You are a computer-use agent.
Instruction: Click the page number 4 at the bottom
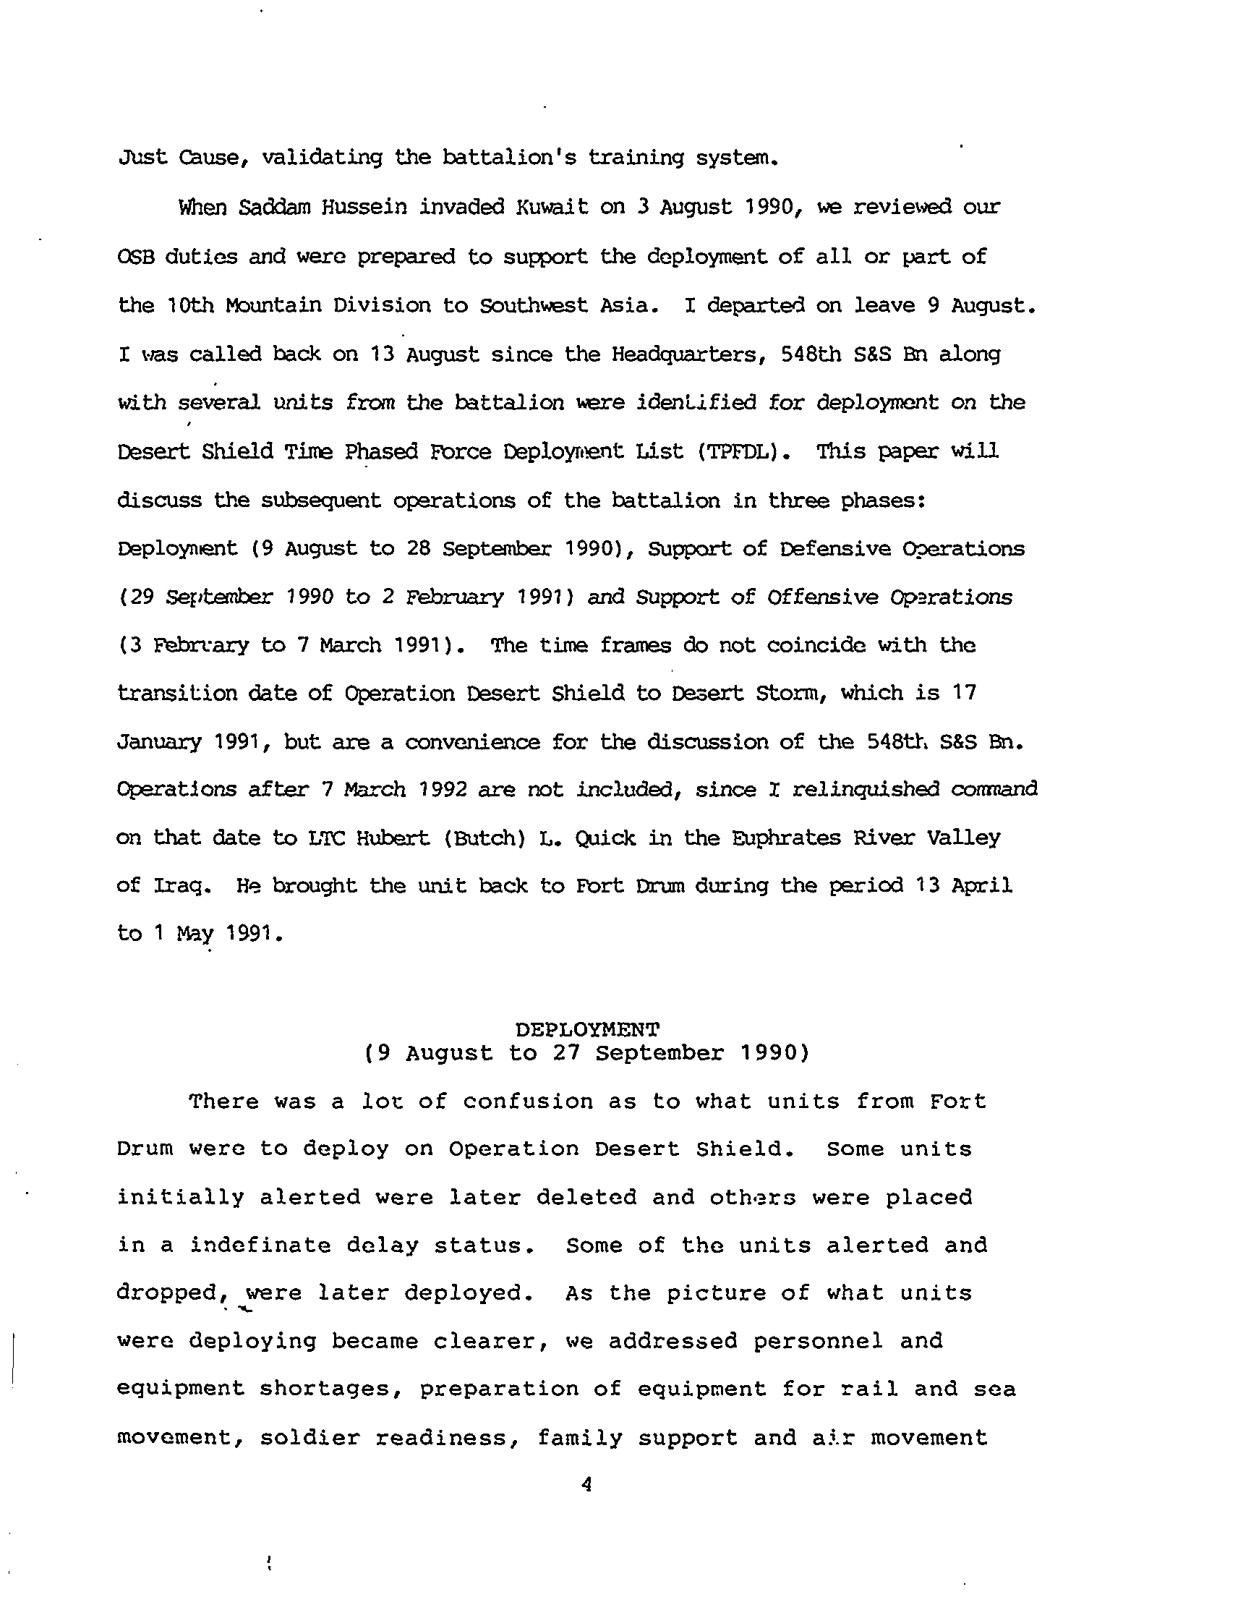(585, 1483)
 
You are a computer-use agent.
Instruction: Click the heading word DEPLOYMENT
(587, 1029)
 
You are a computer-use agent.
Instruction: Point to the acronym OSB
(135, 257)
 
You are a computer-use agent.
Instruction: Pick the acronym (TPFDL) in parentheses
(743, 452)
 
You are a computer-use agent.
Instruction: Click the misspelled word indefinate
(260, 1245)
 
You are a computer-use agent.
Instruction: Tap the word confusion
(527, 1102)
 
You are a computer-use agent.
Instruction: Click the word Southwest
(533, 305)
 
